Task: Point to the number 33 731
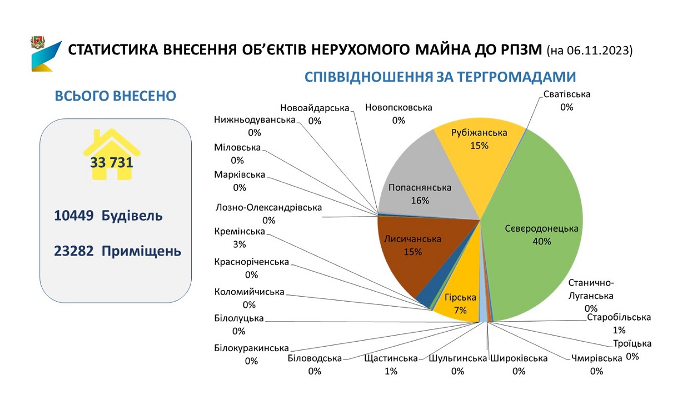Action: tap(112, 163)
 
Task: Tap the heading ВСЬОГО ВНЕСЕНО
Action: tap(116, 96)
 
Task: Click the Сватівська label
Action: tap(566, 94)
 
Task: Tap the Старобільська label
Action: tap(619, 317)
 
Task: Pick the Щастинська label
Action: tap(391, 358)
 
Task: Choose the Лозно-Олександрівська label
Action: tap(268, 208)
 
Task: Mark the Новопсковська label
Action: tap(398, 108)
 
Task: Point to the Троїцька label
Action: tap(633, 343)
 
